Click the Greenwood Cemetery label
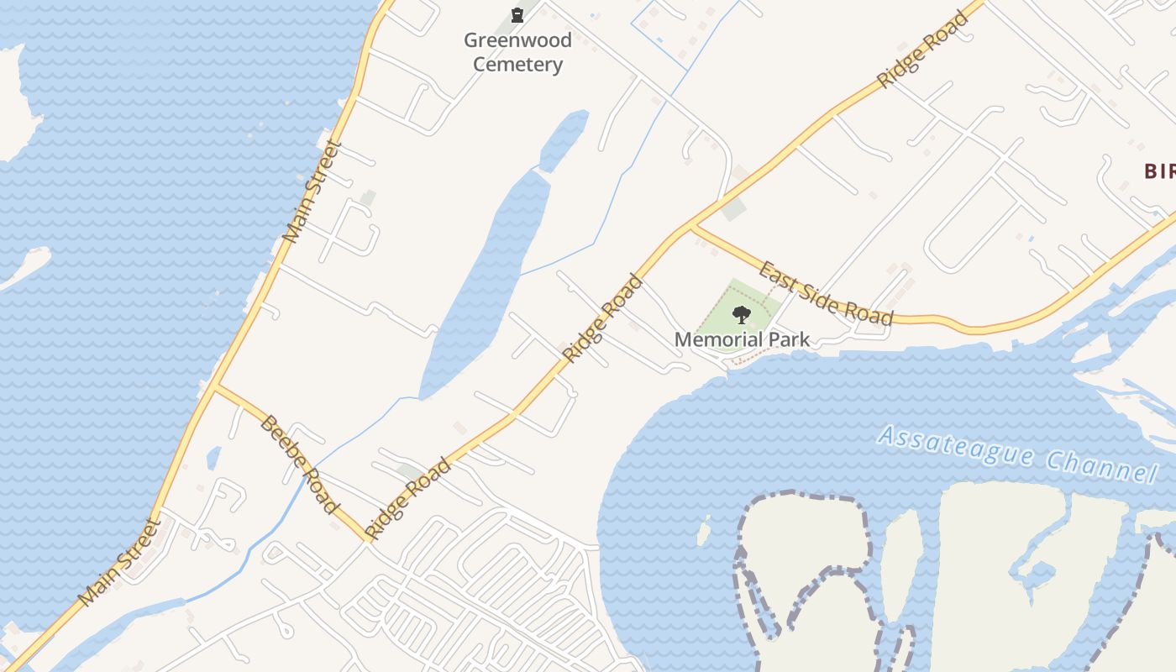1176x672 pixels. point(517,52)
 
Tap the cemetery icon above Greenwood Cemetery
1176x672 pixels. point(517,14)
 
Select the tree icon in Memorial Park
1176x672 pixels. point(741,315)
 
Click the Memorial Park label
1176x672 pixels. point(743,339)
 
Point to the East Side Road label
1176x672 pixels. point(826,293)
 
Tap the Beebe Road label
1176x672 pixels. point(299,463)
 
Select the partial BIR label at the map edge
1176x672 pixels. point(1159,171)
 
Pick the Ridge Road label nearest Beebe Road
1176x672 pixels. point(408,499)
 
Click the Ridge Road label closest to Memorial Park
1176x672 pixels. point(603,318)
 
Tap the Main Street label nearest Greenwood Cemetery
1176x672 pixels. point(312,192)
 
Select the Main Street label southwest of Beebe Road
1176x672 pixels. point(119,561)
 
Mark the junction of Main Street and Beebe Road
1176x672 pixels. point(215,387)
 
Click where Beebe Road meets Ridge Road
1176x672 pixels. point(368,540)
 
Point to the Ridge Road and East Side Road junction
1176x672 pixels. point(692,225)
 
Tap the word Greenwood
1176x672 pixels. point(517,40)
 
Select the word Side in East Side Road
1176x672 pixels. point(827,293)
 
